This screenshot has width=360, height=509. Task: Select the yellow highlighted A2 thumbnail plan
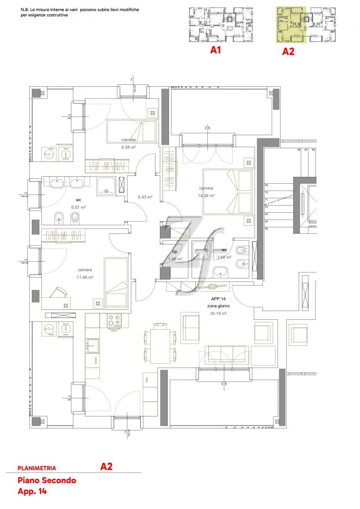tap(291, 25)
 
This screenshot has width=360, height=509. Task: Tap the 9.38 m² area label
tap(129, 147)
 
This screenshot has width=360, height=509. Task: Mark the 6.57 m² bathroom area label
tap(79, 207)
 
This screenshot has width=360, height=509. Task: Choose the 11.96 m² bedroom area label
tap(84, 278)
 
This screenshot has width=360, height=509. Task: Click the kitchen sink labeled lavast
tap(93, 346)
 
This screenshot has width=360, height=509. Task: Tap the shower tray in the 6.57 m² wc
tap(107, 186)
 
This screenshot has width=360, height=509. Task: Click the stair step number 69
tap(267, 185)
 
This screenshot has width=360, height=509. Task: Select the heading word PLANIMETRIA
tap(37, 468)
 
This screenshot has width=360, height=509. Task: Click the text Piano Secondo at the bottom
tap(47, 480)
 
